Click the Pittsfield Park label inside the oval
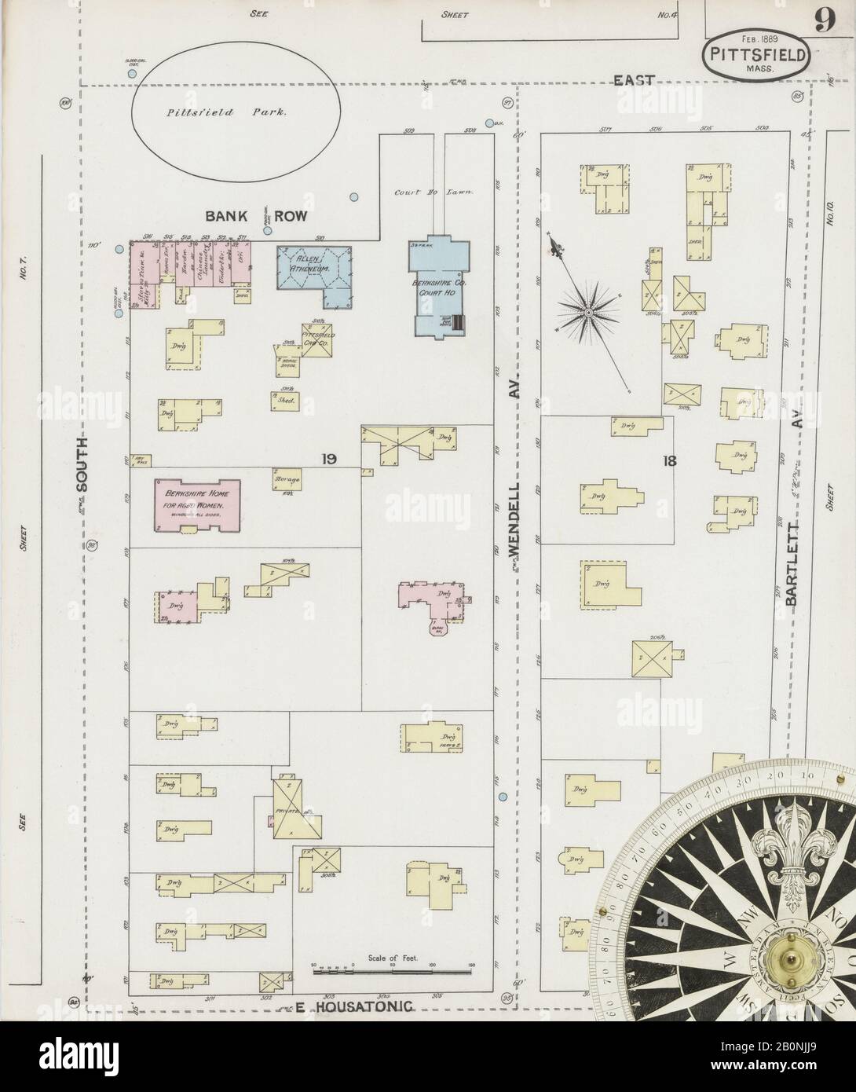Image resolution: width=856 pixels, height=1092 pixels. [x=226, y=112]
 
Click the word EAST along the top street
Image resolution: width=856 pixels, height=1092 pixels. [x=635, y=79]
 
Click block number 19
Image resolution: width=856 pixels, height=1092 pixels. [x=328, y=458]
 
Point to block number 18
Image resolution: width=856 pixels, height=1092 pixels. [x=669, y=460]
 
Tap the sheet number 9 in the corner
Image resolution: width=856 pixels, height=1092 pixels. [x=824, y=19]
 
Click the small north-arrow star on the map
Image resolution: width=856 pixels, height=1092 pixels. [x=587, y=314]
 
